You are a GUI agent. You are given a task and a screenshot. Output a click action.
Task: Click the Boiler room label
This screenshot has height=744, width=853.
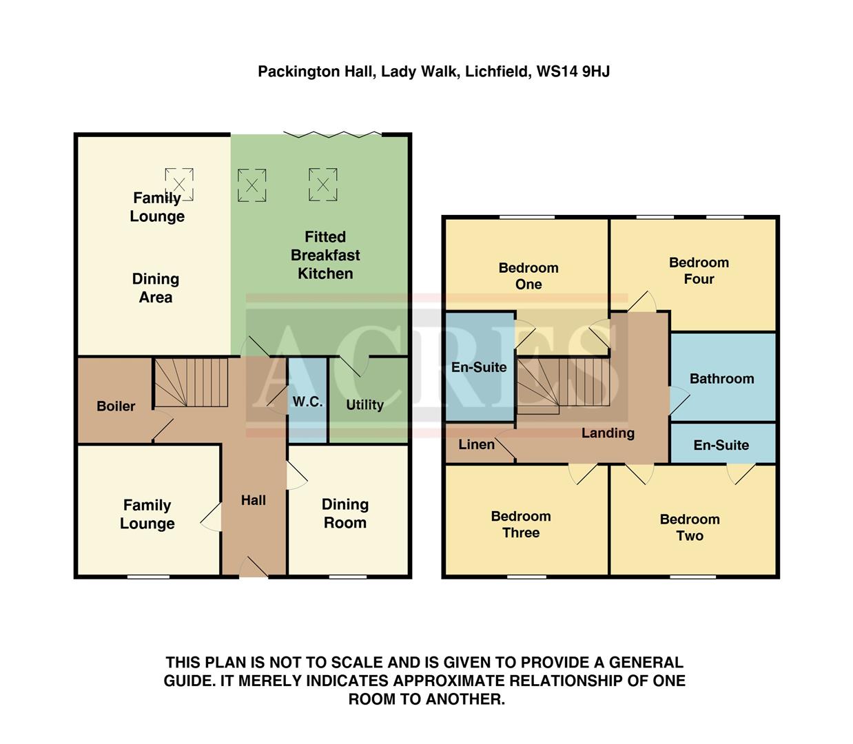(x=116, y=406)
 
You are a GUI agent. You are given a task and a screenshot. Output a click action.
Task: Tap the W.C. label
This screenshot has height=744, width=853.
(x=307, y=402)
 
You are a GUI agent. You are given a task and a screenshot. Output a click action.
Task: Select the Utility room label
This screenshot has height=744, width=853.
(x=364, y=404)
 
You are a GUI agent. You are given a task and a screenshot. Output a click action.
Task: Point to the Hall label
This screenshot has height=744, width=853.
(x=254, y=500)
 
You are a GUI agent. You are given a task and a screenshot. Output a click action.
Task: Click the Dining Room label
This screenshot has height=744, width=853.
(x=345, y=513)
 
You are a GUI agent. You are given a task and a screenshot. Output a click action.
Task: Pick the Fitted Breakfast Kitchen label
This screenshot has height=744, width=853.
(x=325, y=255)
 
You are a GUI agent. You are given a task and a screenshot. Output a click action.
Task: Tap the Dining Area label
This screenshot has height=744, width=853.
(x=156, y=288)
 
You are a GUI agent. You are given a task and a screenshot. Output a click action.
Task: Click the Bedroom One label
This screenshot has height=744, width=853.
(x=528, y=276)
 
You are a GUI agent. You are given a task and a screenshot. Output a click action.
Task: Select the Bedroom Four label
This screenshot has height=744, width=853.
(x=699, y=270)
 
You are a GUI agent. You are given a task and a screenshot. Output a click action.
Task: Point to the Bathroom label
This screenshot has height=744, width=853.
(x=721, y=378)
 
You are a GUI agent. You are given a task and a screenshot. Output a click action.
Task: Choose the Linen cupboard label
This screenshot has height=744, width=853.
(x=477, y=444)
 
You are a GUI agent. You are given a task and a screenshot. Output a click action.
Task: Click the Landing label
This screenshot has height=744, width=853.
(x=608, y=433)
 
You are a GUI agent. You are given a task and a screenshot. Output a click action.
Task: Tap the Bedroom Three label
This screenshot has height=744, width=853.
(x=521, y=524)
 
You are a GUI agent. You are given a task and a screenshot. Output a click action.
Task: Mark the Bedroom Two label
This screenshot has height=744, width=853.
(x=690, y=527)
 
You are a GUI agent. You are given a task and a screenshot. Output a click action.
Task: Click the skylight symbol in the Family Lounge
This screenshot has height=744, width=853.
(x=179, y=185)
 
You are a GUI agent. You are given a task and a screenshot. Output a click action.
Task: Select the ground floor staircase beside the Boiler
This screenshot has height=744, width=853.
(x=190, y=382)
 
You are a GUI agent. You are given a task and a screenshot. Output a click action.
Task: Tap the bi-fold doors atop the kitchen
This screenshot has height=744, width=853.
(x=332, y=134)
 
